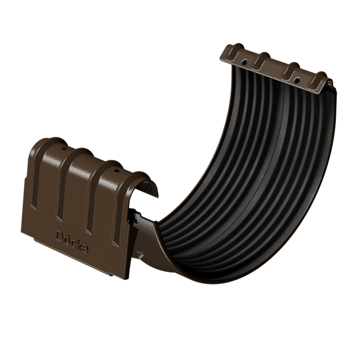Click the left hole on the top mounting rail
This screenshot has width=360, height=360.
pos(243,61)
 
